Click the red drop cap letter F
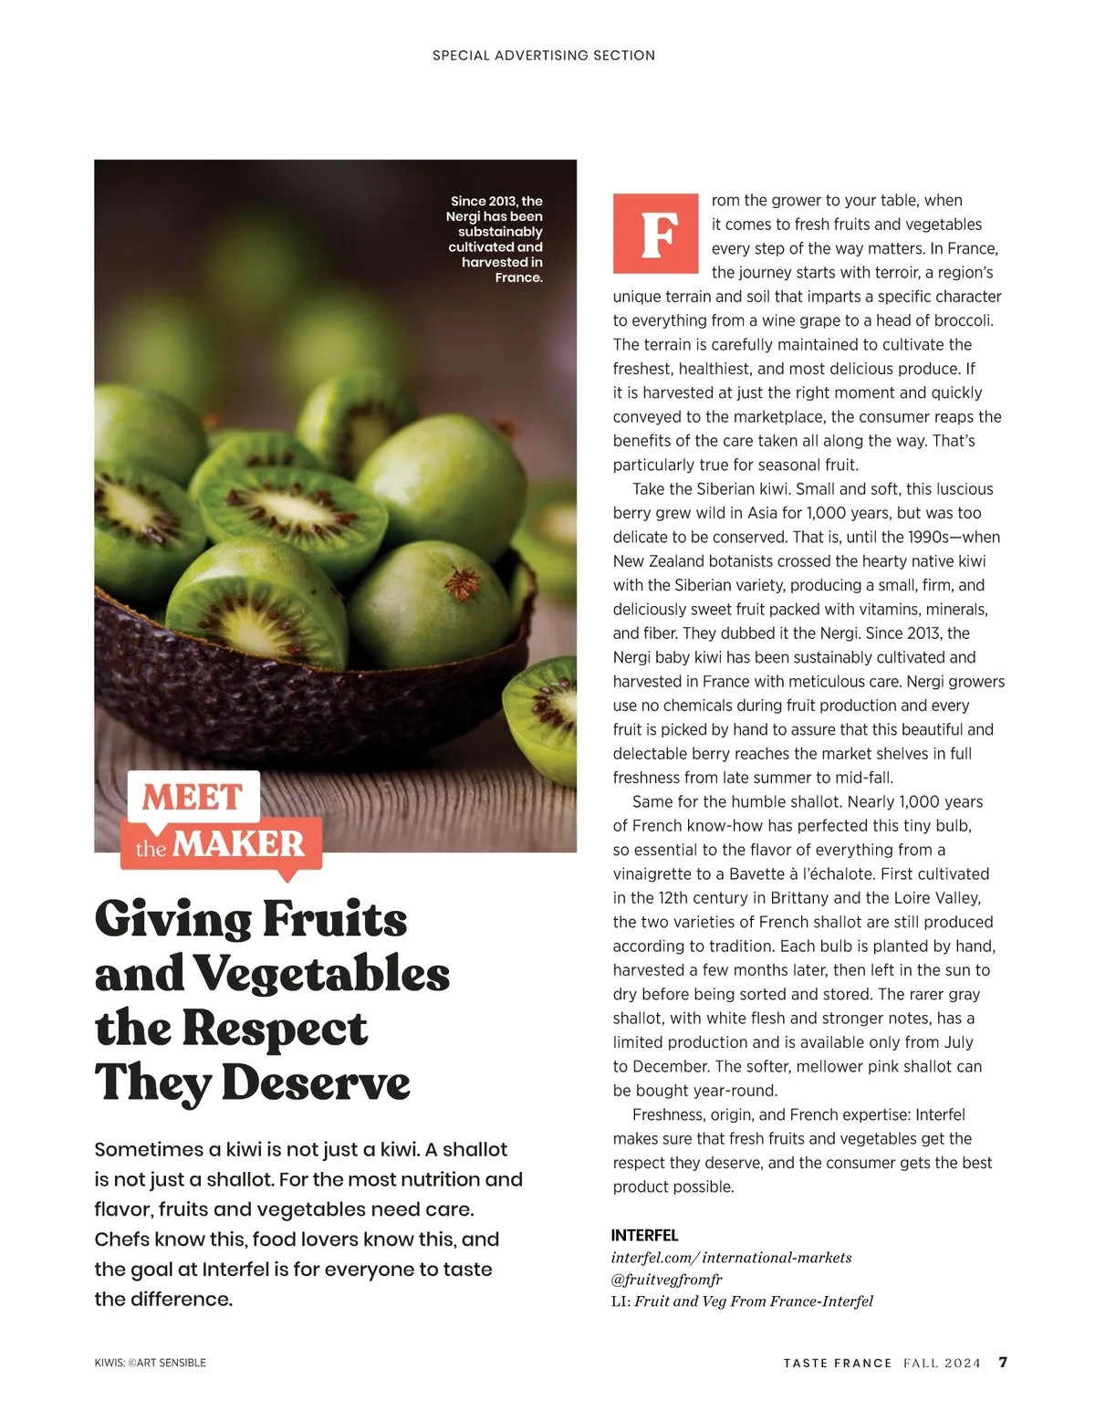point(655,234)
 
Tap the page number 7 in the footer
point(1003,1362)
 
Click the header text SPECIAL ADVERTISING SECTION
point(544,56)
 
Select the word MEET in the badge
point(192,798)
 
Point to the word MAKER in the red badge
point(238,844)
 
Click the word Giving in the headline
point(172,920)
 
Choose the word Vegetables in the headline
point(321,974)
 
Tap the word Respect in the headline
point(275,1029)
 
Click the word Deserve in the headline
point(316,1083)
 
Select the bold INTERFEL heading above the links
point(644,1235)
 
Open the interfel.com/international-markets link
point(731,1258)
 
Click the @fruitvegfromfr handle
point(666,1280)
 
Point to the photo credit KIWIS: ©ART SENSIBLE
point(151,1363)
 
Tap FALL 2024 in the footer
point(942,1363)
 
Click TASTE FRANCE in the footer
point(838,1363)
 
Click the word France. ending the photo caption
point(518,277)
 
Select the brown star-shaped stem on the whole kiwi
point(463,580)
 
